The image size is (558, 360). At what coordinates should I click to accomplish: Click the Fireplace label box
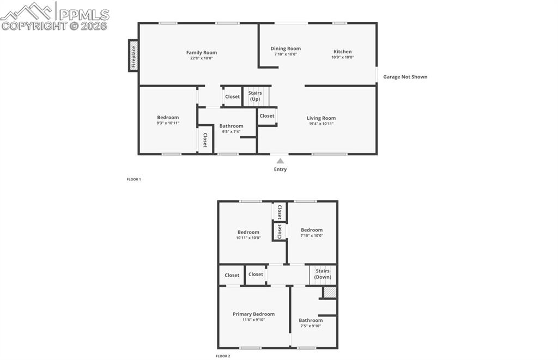133,55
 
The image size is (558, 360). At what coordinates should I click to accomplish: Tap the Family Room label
202,53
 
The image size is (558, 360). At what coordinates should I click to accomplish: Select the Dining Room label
286,48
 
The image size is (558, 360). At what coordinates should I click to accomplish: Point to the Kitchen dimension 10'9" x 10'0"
343,57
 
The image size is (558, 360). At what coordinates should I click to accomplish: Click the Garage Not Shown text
405,77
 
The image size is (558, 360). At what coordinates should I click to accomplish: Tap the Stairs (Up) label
255,96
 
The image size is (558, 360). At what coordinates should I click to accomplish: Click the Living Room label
321,118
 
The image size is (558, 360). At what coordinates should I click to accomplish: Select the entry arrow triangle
280,161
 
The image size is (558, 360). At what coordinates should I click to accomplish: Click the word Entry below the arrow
280,169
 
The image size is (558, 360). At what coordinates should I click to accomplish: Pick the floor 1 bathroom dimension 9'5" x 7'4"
231,131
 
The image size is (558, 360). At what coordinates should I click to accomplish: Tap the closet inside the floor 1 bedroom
205,140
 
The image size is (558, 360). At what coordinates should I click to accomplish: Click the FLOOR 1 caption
134,179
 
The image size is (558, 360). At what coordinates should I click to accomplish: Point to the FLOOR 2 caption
223,356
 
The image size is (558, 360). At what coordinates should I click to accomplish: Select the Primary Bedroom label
253,314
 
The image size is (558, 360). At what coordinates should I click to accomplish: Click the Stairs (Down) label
323,274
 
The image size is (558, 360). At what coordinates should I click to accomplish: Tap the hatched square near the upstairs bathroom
330,292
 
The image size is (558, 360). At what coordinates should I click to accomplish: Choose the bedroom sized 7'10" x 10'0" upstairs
312,230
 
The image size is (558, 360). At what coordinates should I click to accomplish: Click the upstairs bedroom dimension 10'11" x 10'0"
248,237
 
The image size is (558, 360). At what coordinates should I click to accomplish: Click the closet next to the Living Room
267,116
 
